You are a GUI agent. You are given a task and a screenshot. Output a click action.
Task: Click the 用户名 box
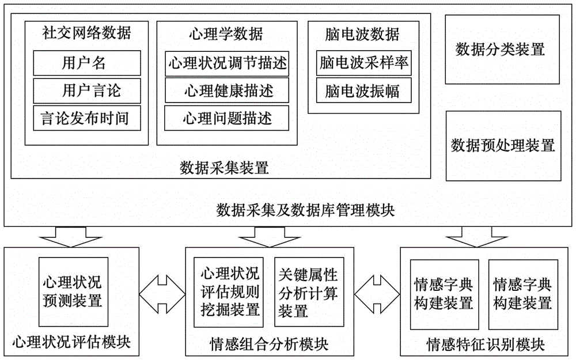coord(86,62)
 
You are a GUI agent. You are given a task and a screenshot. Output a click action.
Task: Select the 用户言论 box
coord(86,90)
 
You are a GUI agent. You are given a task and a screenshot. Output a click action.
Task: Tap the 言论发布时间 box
coord(86,118)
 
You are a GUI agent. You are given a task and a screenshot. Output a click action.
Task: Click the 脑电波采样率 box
coord(364,63)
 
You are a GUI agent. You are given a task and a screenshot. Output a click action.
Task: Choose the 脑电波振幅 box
coord(364,90)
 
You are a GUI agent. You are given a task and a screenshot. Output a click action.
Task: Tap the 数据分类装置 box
coord(500,49)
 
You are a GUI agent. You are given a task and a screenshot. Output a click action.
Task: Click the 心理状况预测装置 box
coord(72,292)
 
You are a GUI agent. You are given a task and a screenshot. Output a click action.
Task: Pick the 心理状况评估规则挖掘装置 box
coord(229,292)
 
